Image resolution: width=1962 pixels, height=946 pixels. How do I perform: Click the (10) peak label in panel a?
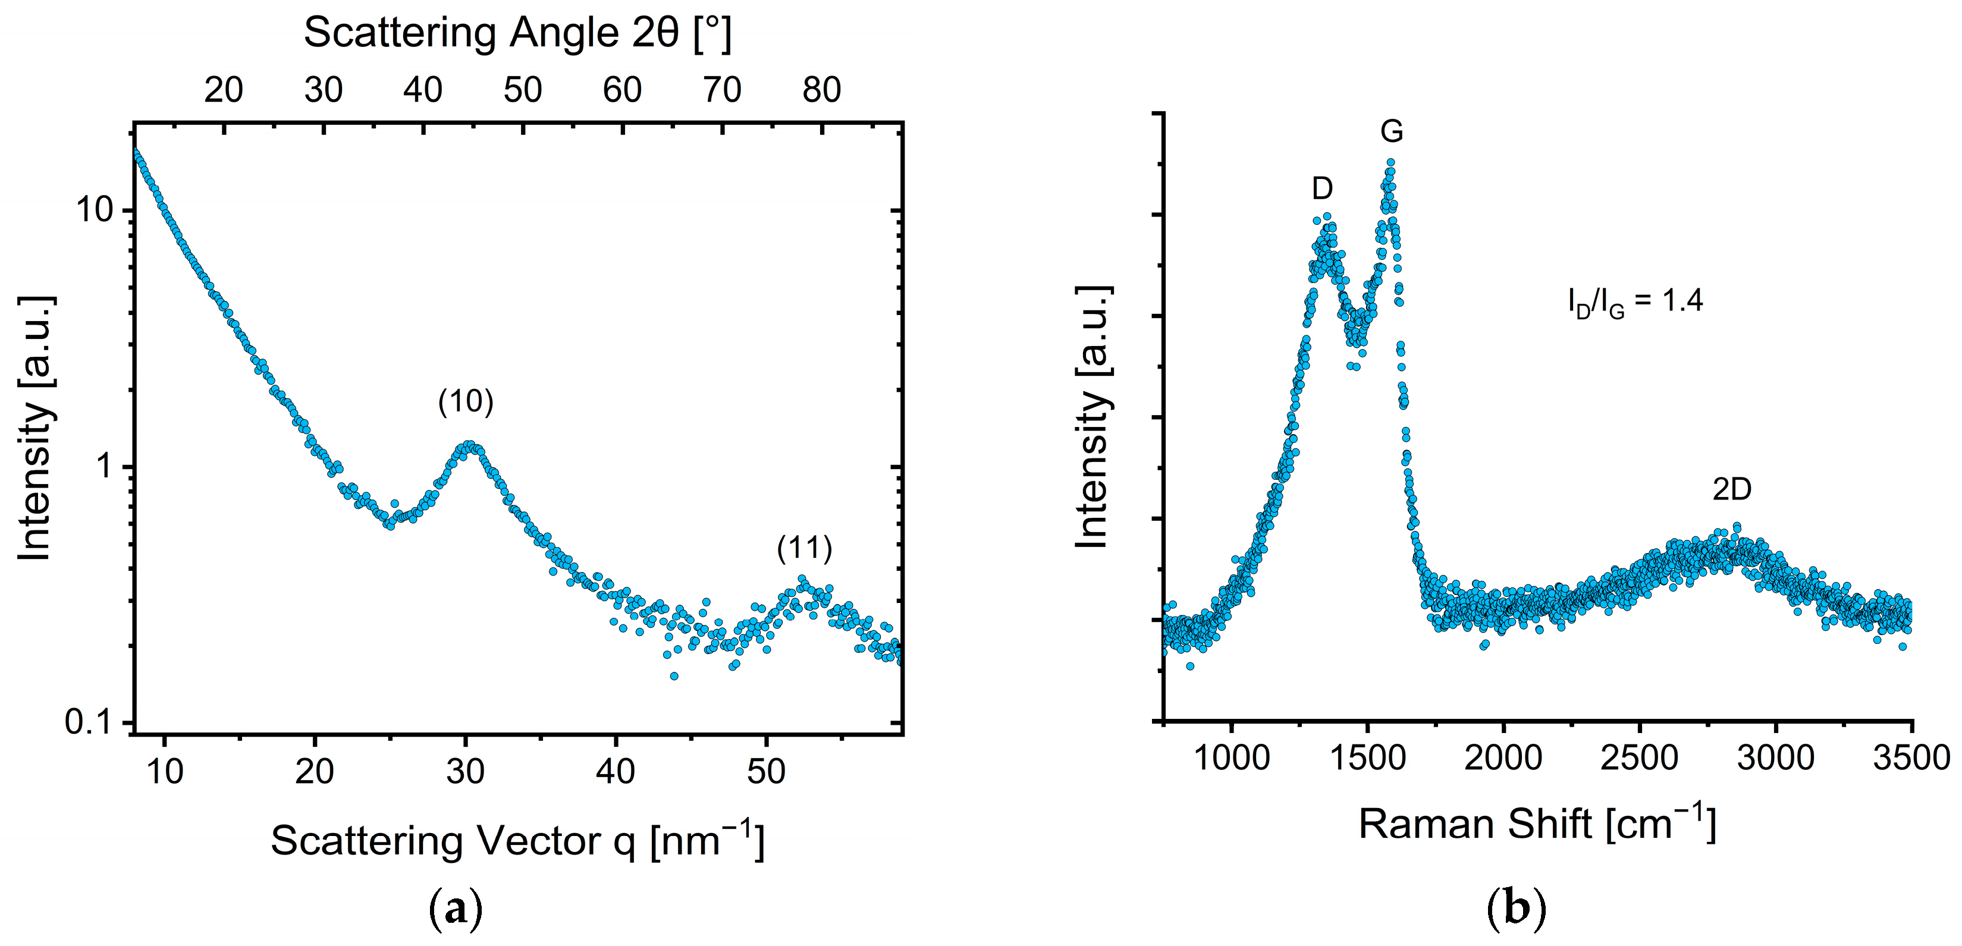(465, 401)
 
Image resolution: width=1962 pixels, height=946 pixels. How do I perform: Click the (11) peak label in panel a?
(804, 548)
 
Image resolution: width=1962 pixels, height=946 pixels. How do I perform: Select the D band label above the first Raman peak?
(1321, 188)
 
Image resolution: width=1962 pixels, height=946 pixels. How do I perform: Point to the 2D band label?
(1731, 489)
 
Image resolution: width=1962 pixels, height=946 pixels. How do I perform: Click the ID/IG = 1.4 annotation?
(1634, 301)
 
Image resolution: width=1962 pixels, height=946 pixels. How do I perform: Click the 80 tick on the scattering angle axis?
(821, 90)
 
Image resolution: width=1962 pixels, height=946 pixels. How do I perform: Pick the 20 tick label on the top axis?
(223, 90)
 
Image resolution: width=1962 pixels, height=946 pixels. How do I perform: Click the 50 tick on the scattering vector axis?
(765, 772)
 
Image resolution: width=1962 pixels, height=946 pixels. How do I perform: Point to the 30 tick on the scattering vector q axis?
(464, 772)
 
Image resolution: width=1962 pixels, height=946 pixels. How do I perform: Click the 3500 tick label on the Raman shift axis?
(1910, 758)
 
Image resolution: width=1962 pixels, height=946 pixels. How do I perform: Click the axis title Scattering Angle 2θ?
(517, 33)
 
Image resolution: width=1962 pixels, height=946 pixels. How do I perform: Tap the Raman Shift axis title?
(1537, 824)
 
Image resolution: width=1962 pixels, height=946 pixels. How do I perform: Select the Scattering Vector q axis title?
(517, 841)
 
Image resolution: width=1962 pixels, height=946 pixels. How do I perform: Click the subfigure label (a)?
(456, 909)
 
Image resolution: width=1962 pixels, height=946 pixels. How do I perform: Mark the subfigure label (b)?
(1516, 909)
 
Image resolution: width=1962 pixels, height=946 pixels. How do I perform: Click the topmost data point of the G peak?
(1390, 162)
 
